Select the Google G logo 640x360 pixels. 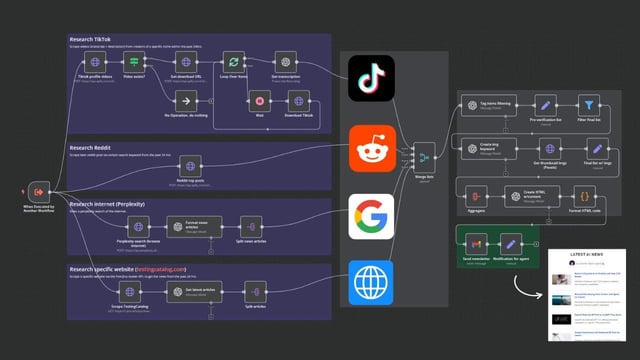point(369,217)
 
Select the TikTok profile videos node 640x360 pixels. point(95,61)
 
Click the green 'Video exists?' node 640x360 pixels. point(133,61)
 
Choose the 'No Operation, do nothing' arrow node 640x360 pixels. point(183,100)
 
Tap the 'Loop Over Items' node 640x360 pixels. point(232,61)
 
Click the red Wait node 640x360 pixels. point(259,101)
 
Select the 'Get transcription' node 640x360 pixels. point(285,61)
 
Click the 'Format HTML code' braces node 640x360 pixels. point(585,194)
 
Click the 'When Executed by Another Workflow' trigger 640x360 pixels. point(37,191)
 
